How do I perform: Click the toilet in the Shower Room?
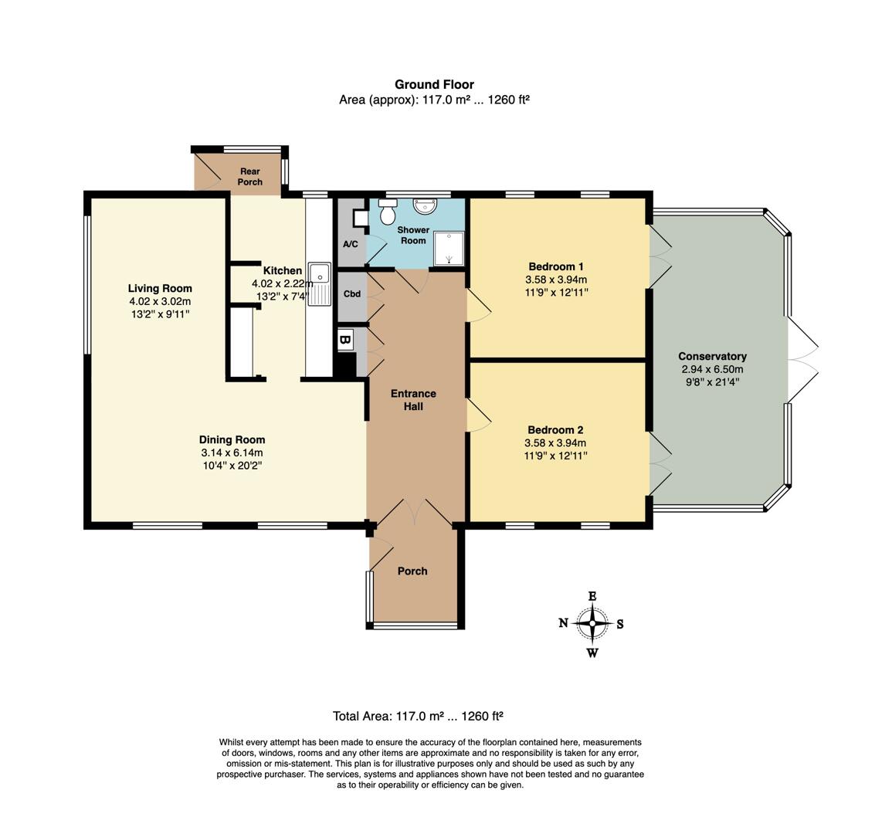pyautogui.click(x=387, y=210)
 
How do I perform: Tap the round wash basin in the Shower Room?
pyautogui.click(x=425, y=205)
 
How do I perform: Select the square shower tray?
pyautogui.click(x=449, y=248)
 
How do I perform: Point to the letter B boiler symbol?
pyautogui.click(x=345, y=339)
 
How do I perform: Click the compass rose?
pyautogui.click(x=592, y=624)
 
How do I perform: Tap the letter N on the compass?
pyautogui.click(x=564, y=623)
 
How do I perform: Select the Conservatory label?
pyautogui.click(x=712, y=357)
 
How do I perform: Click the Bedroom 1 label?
pyautogui.click(x=556, y=266)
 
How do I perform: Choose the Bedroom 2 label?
pyautogui.click(x=555, y=430)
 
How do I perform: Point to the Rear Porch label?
pyautogui.click(x=250, y=177)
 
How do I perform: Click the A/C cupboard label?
pyautogui.click(x=351, y=244)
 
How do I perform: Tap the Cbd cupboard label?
pyautogui.click(x=352, y=294)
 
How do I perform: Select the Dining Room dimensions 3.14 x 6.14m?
pyautogui.click(x=232, y=453)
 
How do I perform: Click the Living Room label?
pyautogui.click(x=160, y=288)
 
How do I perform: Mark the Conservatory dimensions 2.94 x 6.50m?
pyautogui.click(x=712, y=369)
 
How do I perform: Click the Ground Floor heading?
pyautogui.click(x=434, y=85)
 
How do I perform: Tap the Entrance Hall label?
pyautogui.click(x=413, y=400)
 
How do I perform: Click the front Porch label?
pyautogui.click(x=412, y=571)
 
